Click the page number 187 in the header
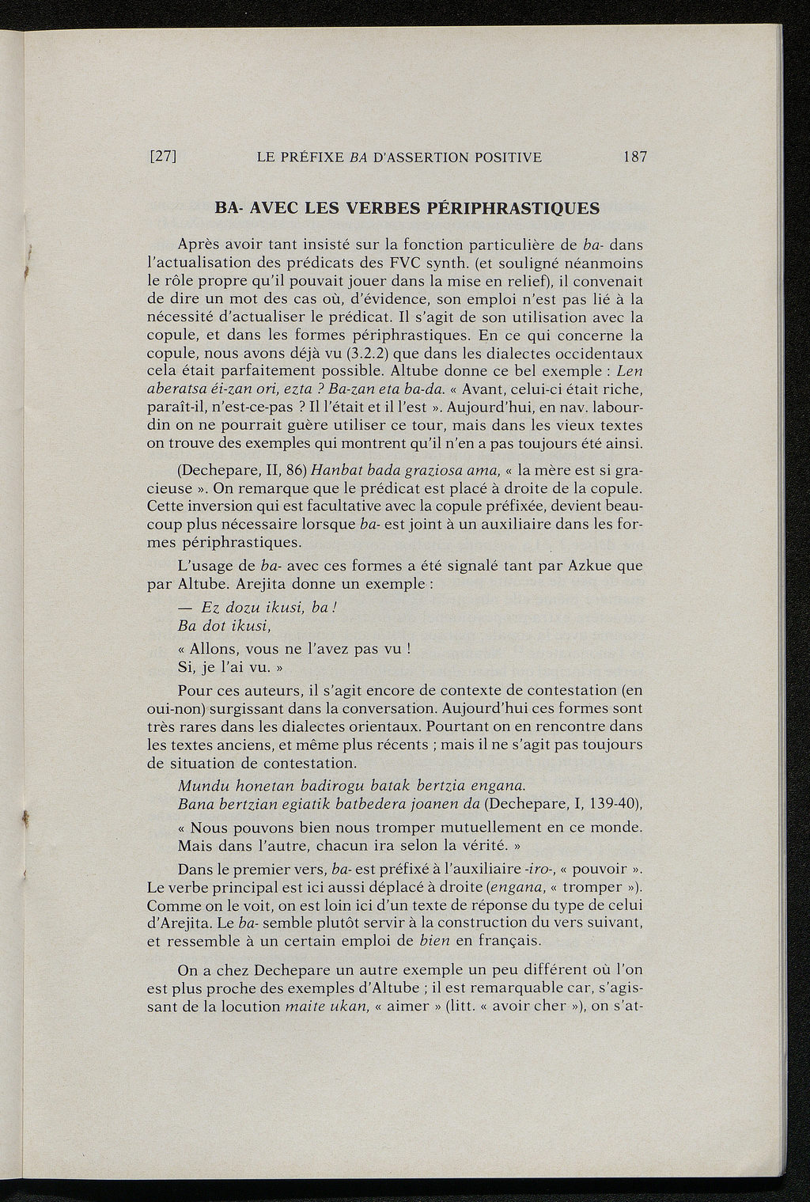click(634, 157)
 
